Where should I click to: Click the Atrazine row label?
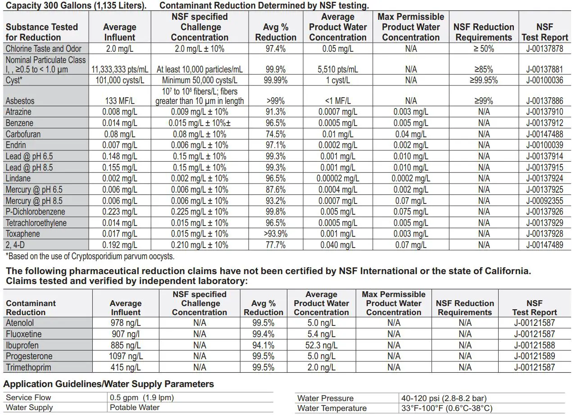coord(18,112)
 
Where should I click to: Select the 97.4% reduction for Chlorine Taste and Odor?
coord(276,49)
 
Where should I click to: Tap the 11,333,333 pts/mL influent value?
coord(119,69)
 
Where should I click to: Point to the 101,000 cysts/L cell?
coord(119,80)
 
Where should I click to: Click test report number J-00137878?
coord(545,49)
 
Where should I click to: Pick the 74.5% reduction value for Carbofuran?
coord(276,134)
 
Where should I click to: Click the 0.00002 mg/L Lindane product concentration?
coord(338,178)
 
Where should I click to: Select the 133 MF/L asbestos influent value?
coord(119,101)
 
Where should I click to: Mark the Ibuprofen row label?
coord(22,345)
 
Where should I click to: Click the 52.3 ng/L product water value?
coord(321,345)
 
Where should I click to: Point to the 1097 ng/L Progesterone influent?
coord(126,356)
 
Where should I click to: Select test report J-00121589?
coord(534,356)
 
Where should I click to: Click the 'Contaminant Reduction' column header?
coord(31,307)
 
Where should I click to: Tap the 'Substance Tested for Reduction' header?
coord(42,32)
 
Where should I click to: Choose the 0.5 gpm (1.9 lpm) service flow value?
coord(142,397)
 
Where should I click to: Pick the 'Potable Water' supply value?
coord(135,407)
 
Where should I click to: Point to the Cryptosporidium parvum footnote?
coord(90,257)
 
